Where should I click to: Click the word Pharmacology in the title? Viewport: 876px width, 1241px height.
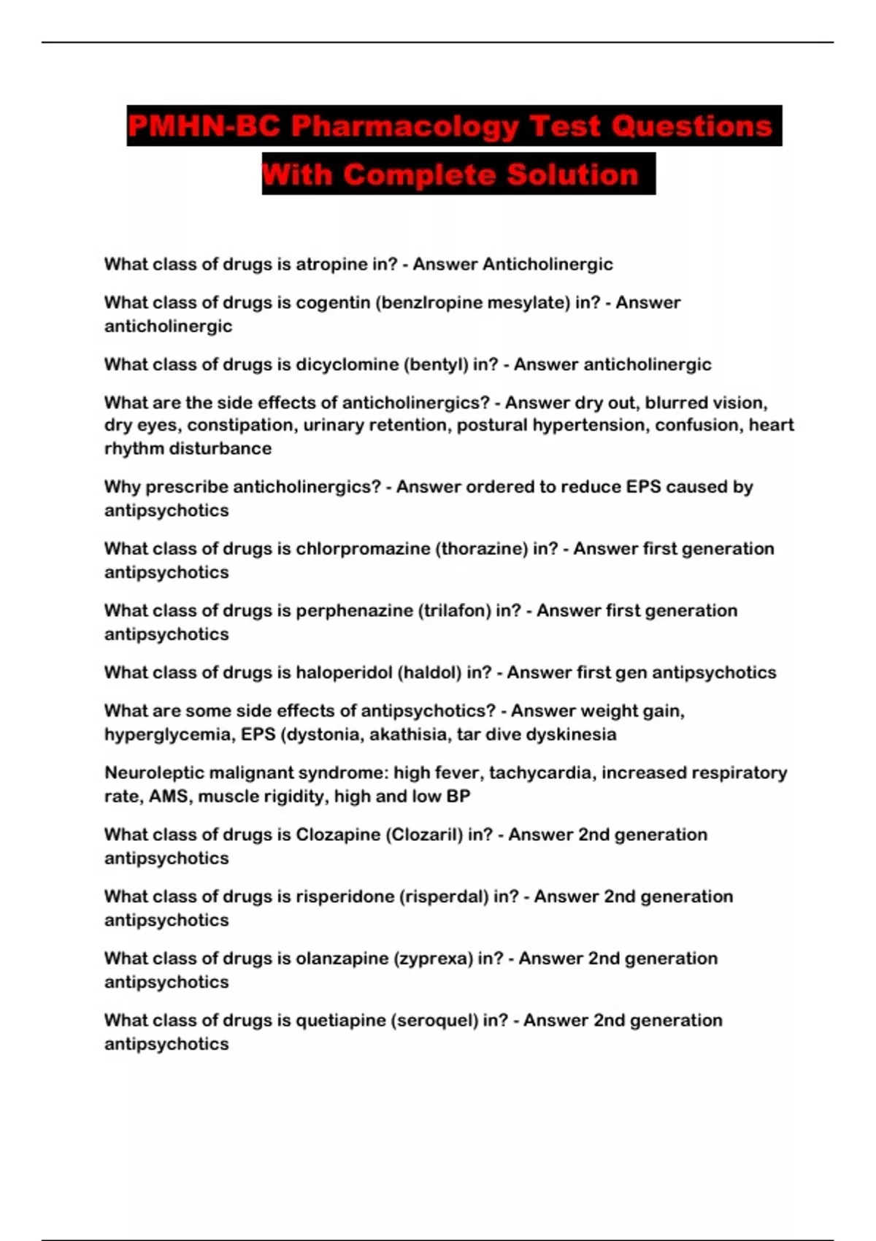point(405,126)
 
